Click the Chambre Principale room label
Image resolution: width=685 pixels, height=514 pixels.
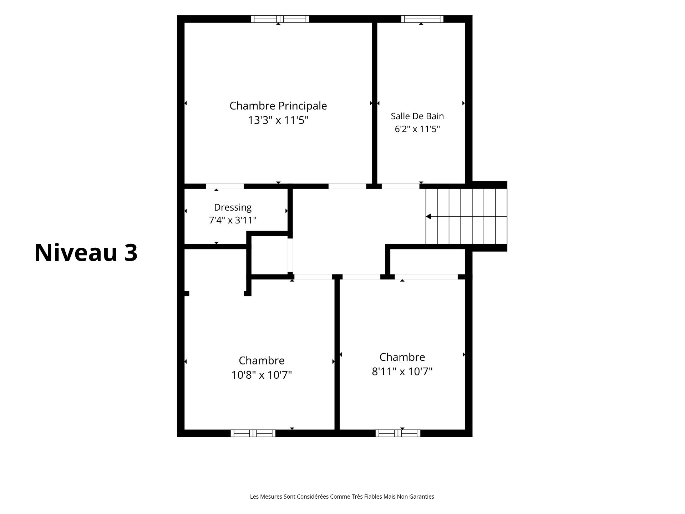[278, 106]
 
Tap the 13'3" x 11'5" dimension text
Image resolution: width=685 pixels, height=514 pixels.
[278, 120]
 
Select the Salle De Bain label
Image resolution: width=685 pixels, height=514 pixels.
[417, 116]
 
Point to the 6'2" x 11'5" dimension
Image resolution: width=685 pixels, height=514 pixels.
[417, 129]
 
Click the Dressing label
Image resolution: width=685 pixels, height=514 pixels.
[233, 208]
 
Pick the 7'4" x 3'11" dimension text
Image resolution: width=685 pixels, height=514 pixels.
[233, 220]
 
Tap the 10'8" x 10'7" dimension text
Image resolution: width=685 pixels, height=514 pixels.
[262, 375]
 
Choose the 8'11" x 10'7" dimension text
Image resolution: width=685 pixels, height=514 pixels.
[402, 372]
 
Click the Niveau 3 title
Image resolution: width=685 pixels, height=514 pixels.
[86, 253]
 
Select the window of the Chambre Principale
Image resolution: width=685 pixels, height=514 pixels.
[280, 19]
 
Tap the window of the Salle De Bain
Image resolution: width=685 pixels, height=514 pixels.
[422, 19]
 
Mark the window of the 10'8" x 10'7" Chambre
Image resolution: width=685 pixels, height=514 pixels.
[253, 433]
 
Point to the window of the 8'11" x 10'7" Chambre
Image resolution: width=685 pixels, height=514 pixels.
[398, 433]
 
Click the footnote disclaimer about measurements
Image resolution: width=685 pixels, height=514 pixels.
[342, 497]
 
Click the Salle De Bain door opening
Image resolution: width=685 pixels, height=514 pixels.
[400, 186]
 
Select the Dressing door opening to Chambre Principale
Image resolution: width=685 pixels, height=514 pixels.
[225, 186]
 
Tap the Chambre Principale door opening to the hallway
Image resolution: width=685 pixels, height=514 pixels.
[347, 186]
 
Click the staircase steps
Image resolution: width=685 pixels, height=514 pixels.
[466, 216]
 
